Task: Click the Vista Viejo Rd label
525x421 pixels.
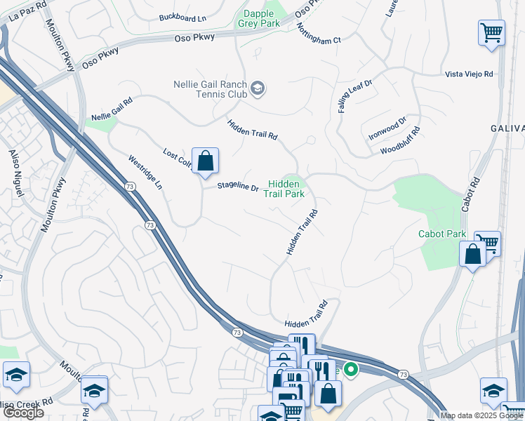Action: click(469, 74)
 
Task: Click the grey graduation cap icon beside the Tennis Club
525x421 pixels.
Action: click(258, 88)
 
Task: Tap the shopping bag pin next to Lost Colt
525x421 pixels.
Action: click(205, 161)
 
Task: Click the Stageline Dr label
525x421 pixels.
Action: click(238, 187)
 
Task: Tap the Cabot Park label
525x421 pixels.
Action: click(442, 234)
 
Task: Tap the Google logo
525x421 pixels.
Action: click(23, 413)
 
